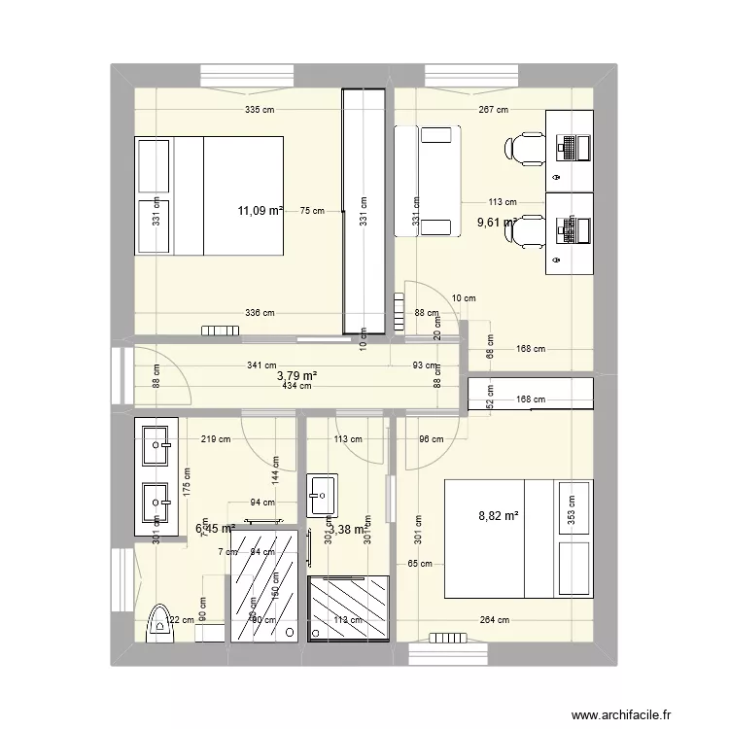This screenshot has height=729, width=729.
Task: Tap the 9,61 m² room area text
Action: [495, 223]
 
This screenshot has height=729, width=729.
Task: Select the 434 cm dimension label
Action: [296, 386]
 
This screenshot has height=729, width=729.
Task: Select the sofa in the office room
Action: [425, 181]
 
